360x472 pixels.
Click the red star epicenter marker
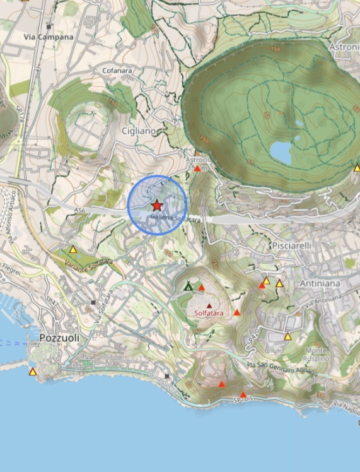click(x=157, y=205)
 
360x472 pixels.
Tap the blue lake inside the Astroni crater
click(x=281, y=151)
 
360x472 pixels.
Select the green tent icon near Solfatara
click(x=188, y=286)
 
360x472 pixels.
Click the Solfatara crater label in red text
click(x=208, y=312)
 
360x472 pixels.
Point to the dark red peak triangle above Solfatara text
click(x=209, y=305)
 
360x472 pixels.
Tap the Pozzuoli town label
click(x=59, y=338)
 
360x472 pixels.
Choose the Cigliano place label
click(x=138, y=130)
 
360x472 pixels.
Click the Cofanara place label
click(x=117, y=71)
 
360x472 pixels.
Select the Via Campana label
click(x=49, y=37)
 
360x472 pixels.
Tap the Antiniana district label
click(x=320, y=283)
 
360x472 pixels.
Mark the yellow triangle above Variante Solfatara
click(x=73, y=249)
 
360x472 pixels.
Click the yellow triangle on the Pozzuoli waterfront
click(x=33, y=372)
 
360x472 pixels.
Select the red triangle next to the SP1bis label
click(x=243, y=395)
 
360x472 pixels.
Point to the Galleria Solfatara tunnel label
click(x=176, y=218)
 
